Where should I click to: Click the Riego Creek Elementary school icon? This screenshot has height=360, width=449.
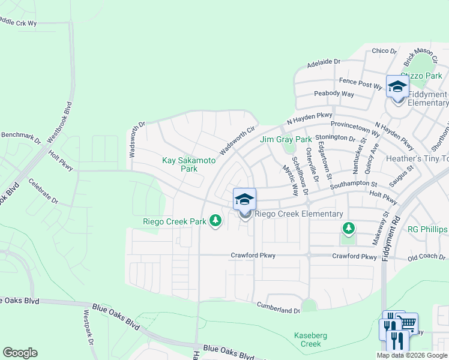tap(244, 200)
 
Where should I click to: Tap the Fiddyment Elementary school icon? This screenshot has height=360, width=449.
tap(397, 87)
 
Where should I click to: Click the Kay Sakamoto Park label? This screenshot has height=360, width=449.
tap(181, 164)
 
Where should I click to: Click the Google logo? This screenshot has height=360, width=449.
tap(19, 353)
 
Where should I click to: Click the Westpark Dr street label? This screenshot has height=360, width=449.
tap(90, 328)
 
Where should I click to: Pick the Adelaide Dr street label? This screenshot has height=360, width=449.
tap(324, 62)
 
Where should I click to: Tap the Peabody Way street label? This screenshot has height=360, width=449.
tap(334, 94)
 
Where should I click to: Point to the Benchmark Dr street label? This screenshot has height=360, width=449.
tap(20, 137)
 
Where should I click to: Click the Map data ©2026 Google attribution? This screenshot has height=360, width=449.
tap(412, 355)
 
